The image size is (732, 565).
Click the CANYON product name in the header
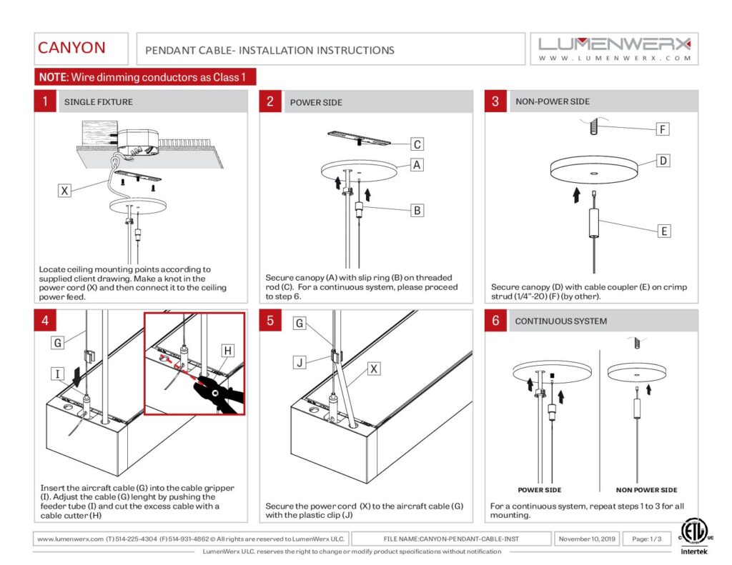coord(71,48)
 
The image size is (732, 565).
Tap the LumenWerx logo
coord(614,49)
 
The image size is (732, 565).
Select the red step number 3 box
coord(495,101)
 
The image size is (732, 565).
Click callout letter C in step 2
coord(417,144)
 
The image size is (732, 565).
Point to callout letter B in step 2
coord(417,211)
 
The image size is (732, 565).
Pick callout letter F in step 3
coord(663,129)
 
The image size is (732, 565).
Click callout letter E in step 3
coord(664,231)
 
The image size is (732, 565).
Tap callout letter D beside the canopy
coord(663,161)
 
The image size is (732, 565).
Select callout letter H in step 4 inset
coord(227,351)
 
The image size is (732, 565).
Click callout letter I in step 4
coord(57,374)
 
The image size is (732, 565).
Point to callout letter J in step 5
coord(300,363)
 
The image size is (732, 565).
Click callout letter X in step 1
coord(64,190)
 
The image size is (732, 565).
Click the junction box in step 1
coord(137,142)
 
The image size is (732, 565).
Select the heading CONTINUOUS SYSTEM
coord(560,321)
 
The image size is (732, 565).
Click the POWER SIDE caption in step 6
coord(540,490)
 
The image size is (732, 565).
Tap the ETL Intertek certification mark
coord(694,536)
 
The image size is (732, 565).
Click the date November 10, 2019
coord(587,539)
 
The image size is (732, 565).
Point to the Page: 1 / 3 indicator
coord(646,539)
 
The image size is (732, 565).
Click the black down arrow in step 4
coord(76,377)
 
